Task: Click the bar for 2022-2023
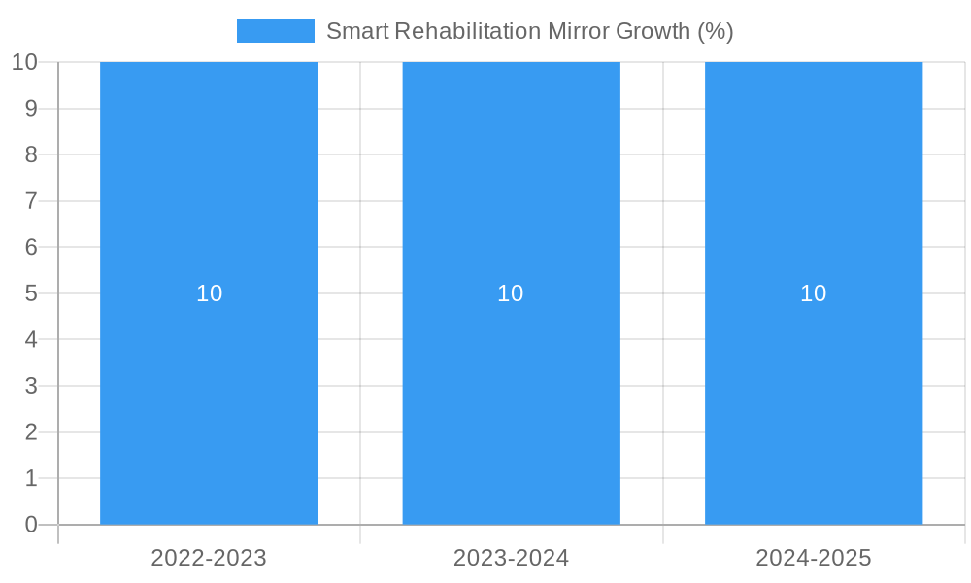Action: point(209,408)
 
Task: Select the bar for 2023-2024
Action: point(511,408)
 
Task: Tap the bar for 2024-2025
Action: point(814,408)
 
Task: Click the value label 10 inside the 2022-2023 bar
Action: point(210,293)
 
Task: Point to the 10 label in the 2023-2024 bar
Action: point(511,293)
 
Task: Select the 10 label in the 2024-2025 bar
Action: point(814,293)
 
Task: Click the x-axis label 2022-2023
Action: point(209,558)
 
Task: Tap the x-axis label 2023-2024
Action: point(511,558)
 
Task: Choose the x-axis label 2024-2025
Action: point(814,558)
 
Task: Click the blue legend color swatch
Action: point(275,31)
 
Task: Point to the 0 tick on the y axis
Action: point(31,525)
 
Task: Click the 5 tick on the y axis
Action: point(31,293)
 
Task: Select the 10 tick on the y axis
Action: point(24,62)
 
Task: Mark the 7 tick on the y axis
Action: point(31,201)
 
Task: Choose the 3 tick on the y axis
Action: point(31,386)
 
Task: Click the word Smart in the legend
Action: point(357,31)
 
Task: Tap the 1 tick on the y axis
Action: point(31,478)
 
